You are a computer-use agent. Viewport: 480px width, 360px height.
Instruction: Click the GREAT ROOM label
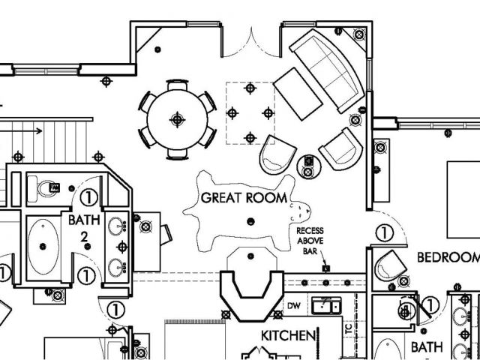pos(244,198)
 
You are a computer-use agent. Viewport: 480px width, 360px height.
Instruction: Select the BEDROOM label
pos(448,257)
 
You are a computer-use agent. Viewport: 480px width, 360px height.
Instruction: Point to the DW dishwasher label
pos(295,307)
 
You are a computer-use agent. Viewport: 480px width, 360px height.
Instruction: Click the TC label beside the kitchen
pos(348,328)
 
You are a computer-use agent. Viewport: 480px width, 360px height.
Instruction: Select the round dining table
pos(178,118)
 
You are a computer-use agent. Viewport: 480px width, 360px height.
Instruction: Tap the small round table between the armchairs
pos(308,163)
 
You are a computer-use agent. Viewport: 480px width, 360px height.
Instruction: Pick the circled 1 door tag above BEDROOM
pos(384,233)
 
